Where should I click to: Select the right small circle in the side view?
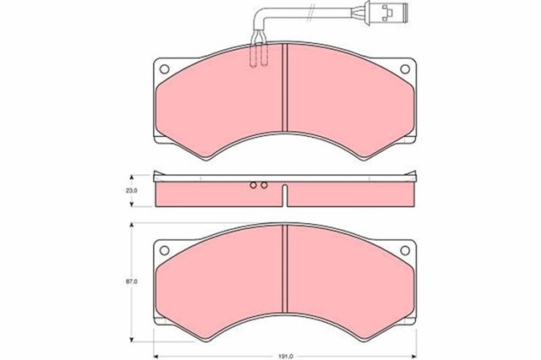click(x=264, y=185)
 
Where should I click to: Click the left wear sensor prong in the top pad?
click(x=255, y=55)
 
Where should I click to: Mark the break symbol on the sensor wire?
click(x=313, y=14)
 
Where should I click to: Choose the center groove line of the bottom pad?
click(x=287, y=275)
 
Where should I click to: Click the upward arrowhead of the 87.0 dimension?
click(x=130, y=226)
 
